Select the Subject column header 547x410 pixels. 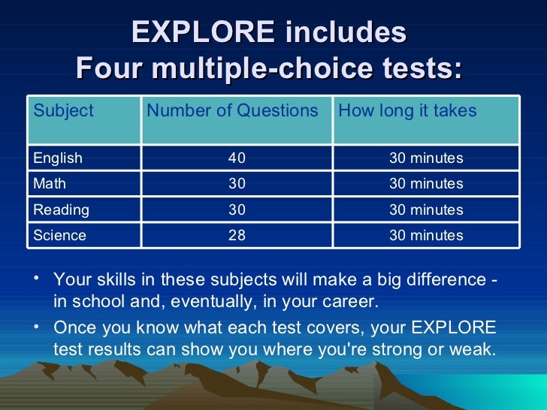click(x=63, y=111)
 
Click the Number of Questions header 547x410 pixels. click(x=232, y=111)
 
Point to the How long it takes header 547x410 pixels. click(x=407, y=111)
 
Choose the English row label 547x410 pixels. click(x=58, y=158)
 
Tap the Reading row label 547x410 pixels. click(x=61, y=210)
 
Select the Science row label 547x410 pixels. click(x=59, y=235)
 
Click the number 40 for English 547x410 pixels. click(x=237, y=158)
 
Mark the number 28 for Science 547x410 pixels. click(x=237, y=235)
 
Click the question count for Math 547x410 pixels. click(x=237, y=184)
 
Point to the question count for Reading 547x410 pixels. click(x=237, y=210)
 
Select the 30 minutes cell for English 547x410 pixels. click(x=425, y=158)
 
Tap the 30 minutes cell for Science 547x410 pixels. click(x=425, y=235)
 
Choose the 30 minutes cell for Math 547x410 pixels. click(x=425, y=184)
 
